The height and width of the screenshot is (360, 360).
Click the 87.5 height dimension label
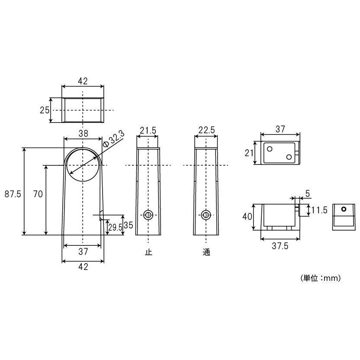pyautogui.click(x=13, y=194)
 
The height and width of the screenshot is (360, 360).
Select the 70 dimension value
pyautogui.click(x=38, y=194)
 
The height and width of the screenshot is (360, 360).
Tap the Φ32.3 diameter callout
pyautogui.click(x=114, y=139)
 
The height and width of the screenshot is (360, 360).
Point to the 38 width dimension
pyautogui.click(x=83, y=133)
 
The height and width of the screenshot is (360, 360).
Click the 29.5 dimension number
pyautogui.click(x=115, y=228)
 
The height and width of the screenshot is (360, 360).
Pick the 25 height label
pyautogui.click(x=45, y=110)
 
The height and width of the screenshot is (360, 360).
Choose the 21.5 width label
pyautogui.click(x=148, y=130)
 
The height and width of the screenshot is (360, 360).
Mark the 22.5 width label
pyautogui.click(x=207, y=130)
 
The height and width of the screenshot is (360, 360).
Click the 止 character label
pyautogui.click(x=148, y=252)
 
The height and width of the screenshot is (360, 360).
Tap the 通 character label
pyautogui.click(x=206, y=252)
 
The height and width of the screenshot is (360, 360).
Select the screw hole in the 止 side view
pyautogui.click(x=148, y=215)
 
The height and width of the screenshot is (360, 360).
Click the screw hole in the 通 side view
pyautogui.click(x=206, y=215)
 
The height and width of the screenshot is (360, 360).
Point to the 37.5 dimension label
pyautogui.click(x=280, y=246)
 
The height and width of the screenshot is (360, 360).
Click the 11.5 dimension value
pyautogui.click(x=319, y=210)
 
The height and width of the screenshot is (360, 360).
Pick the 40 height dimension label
pyautogui.click(x=247, y=216)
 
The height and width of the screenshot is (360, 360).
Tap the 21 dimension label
pyautogui.click(x=249, y=153)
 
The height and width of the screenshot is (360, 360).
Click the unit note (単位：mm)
pyautogui.click(x=321, y=278)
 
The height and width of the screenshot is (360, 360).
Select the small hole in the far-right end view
pyautogui.click(x=344, y=209)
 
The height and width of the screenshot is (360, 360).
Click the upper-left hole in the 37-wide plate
pyautogui.click(x=270, y=149)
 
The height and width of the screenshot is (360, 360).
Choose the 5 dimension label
pyautogui.click(x=308, y=194)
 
